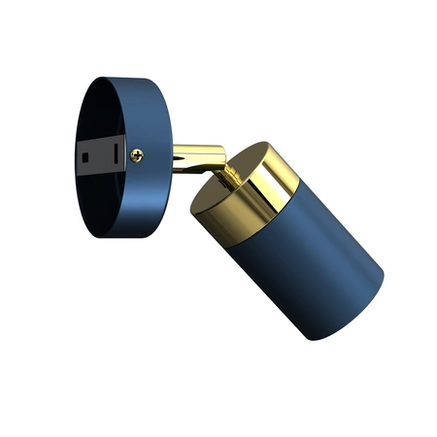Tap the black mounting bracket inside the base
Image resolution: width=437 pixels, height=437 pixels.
[x=102, y=153]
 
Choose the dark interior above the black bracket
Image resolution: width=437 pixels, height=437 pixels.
[x=97, y=112]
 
